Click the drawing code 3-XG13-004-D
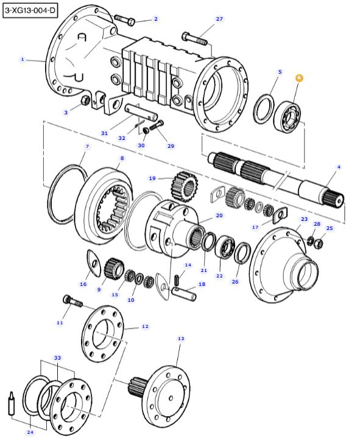30,10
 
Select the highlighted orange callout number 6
299,78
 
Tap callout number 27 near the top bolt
219,19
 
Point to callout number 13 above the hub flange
180,338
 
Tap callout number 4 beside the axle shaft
339,167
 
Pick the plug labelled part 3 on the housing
86,100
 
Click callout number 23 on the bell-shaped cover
304,218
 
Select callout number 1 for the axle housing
23,59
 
